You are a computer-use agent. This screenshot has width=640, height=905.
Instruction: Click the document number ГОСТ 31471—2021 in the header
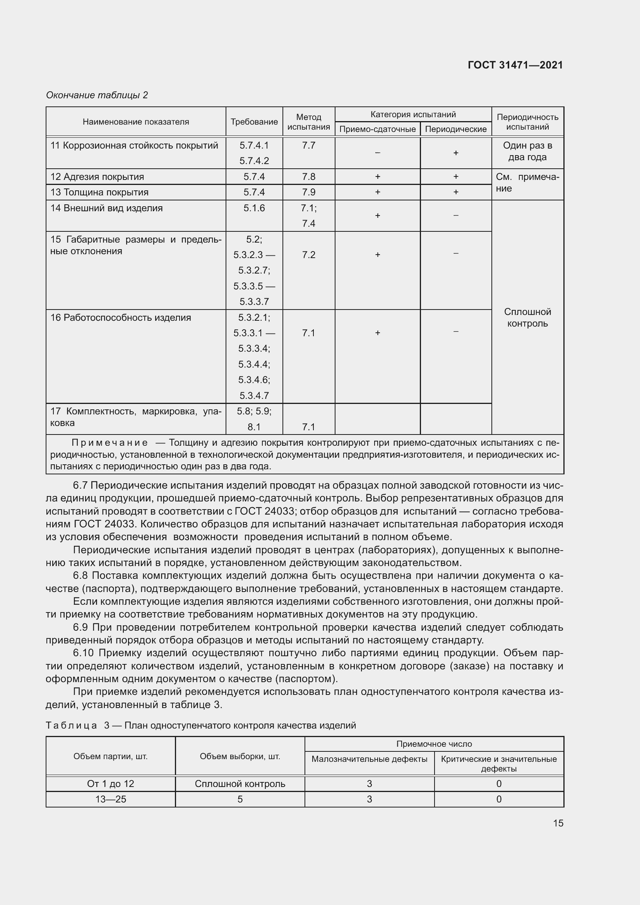tap(515, 65)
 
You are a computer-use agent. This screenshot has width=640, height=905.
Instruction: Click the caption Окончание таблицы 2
tap(97, 95)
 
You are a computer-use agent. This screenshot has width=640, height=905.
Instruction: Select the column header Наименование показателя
tap(135, 122)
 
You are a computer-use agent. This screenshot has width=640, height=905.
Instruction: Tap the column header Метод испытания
tap(308, 122)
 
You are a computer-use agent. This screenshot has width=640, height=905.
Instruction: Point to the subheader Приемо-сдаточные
tap(377, 129)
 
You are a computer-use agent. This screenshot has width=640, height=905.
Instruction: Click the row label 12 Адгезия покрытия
tap(97, 176)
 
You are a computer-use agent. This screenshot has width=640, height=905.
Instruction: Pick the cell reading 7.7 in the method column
tap(308, 145)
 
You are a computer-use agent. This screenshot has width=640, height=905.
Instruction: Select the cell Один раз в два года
tap(527, 151)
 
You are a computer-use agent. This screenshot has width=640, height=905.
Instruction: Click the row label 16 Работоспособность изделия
tap(120, 318)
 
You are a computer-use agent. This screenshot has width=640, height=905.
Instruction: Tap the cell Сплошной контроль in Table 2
tap(527, 318)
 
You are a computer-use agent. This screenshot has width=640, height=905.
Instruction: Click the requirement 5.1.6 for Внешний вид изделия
tap(254, 208)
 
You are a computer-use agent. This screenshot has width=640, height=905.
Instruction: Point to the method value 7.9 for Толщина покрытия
tap(308, 192)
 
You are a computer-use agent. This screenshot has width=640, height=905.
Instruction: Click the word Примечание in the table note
tap(110, 443)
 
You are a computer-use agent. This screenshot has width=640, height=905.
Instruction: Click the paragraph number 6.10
tap(83, 653)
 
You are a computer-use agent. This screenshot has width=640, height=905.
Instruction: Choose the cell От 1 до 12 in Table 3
tap(110, 784)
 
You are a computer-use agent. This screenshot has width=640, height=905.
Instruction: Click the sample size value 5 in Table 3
tap(240, 799)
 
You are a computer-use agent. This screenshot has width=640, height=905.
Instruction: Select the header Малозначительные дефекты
tap(369, 759)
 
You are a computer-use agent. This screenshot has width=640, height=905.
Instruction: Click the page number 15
tap(558, 823)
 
